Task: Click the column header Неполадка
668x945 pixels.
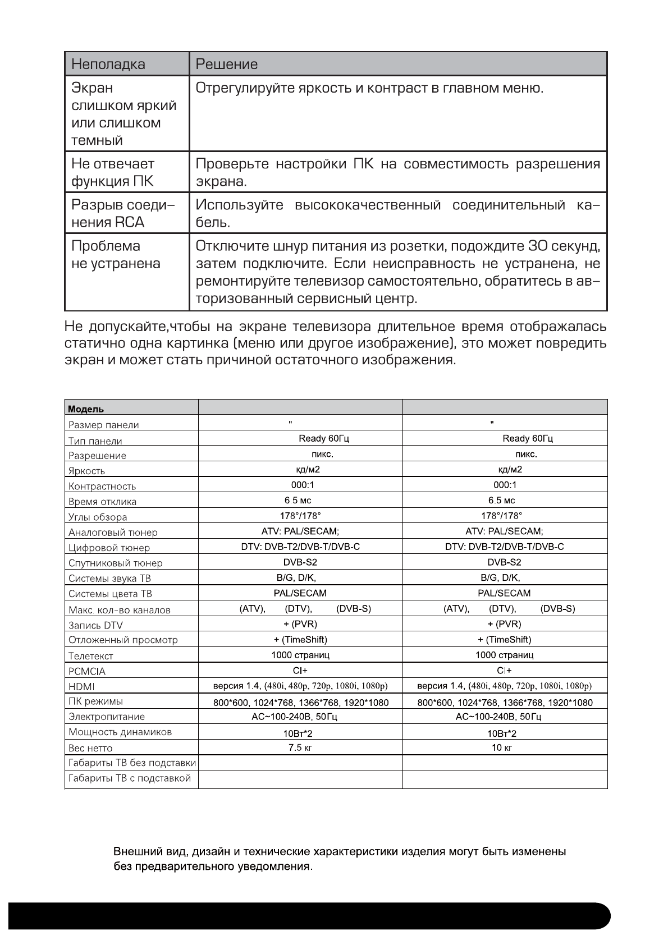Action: pyautogui.click(x=108, y=64)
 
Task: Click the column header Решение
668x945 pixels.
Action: pyautogui.click(x=226, y=64)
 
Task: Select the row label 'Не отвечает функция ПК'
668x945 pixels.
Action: pyautogui.click(x=112, y=172)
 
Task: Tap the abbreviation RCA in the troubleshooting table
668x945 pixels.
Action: pyautogui.click(x=130, y=222)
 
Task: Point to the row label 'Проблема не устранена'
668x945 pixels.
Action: pyautogui.click(x=116, y=255)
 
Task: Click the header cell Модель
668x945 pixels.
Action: pyautogui.click(x=86, y=409)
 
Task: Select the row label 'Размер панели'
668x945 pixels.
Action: pyautogui.click(x=103, y=425)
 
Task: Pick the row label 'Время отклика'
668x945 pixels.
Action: pyautogui.click(x=102, y=502)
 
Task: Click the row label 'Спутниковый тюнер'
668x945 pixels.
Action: pyautogui.click(x=115, y=563)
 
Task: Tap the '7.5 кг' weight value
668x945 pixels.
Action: pyautogui.click(x=300, y=747)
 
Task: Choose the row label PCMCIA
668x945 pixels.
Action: pyautogui.click(x=86, y=671)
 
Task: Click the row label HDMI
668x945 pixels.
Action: pyautogui.click(x=81, y=686)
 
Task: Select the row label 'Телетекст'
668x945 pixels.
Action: pyautogui.click(x=90, y=655)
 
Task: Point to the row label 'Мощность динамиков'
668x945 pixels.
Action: pyautogui.click(x=120, y=732)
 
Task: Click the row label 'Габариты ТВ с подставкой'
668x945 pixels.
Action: pyautogui.click(x=130, y=778)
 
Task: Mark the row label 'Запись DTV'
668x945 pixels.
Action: pyautogui.click(x=95, y=625)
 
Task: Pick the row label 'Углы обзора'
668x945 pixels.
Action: pyautogui.click(x=98, y=517)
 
